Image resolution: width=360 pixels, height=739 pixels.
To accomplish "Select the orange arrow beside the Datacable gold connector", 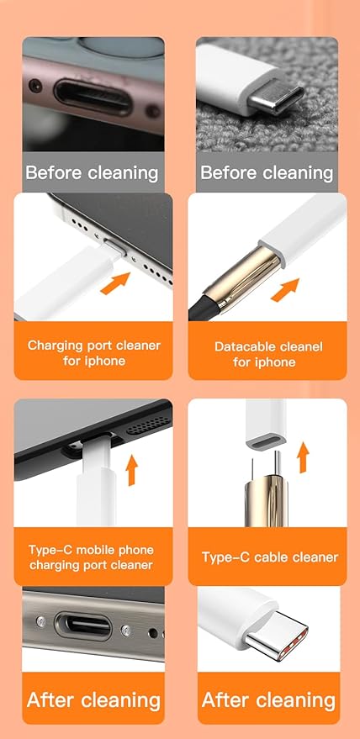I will coord(286,289).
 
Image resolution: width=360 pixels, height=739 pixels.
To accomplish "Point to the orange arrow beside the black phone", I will coord(132,470).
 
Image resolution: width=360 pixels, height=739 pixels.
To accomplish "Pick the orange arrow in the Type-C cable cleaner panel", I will coord(304,458).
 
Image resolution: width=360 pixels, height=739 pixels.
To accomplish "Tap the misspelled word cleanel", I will coord(298,346).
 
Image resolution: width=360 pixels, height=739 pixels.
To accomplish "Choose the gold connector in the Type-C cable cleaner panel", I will coord(264,496).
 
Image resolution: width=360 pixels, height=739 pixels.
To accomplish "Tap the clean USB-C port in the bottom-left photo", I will coord(82,626).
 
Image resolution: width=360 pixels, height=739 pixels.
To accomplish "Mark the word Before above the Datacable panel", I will coord(227,173).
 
